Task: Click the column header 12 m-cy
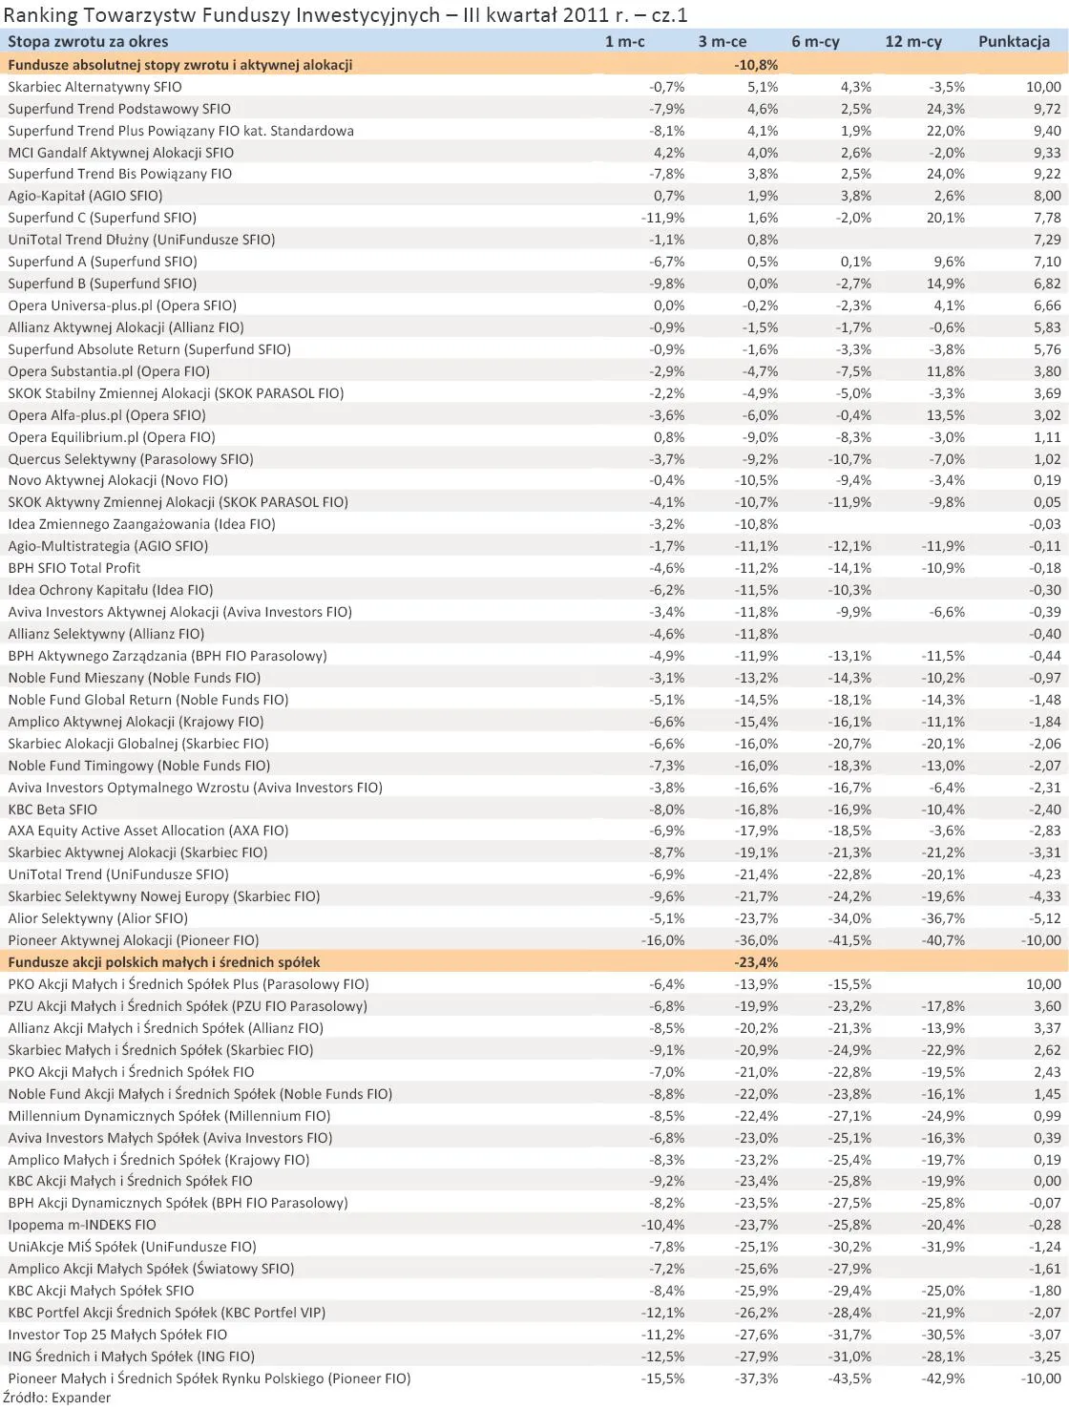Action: (912, 41)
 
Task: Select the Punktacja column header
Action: (1014, 41)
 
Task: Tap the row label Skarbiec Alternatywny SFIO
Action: (94, 87)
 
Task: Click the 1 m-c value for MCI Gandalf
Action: (668, 153)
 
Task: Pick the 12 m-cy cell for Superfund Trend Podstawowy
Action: (945, 109)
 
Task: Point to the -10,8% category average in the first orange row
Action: (756, 65)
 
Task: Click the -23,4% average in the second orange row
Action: (756, 962)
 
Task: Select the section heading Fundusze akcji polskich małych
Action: (164, 962)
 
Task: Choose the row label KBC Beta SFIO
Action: (52, 810)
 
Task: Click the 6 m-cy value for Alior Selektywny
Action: (849, 918)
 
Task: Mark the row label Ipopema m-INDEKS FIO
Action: (82, 1225)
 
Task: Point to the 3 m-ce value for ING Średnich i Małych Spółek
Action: (756, 1357)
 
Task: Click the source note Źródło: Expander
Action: (56, 1398)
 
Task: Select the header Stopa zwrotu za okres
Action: (88, 41)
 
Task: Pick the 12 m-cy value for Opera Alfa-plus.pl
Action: (945, 415)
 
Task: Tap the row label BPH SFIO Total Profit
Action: (74, 568)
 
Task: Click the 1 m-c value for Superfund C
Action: (662, 218)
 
